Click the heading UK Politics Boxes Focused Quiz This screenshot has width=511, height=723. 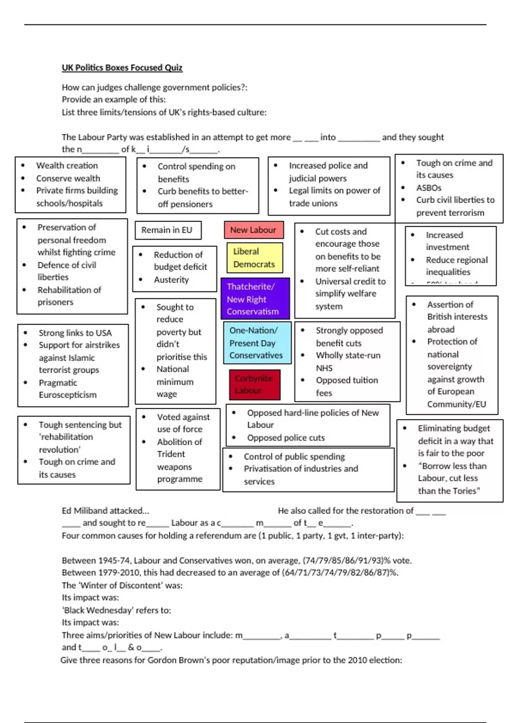[122, 68]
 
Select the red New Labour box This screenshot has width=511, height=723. [253, 230]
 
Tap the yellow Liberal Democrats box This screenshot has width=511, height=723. [254, 258]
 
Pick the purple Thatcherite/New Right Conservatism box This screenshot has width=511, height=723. [255, 299]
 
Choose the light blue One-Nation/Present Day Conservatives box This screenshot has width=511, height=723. [257, 343]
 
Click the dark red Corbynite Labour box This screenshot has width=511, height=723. [254, 384]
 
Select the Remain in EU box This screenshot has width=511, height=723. [167, 230]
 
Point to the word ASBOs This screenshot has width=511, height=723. [428, 188]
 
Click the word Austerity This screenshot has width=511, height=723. [171, 279]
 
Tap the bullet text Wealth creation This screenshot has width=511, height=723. [67, 165]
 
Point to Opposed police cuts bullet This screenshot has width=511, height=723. [286, 438]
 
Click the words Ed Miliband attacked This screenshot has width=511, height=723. [105, 510]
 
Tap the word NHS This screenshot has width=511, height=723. [324, 368]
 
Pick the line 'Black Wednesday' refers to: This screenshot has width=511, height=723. [116, 610]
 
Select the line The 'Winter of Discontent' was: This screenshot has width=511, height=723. [122, 585]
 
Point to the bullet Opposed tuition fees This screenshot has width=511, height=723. [347, 386]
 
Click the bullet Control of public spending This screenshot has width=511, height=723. [294, 456]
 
